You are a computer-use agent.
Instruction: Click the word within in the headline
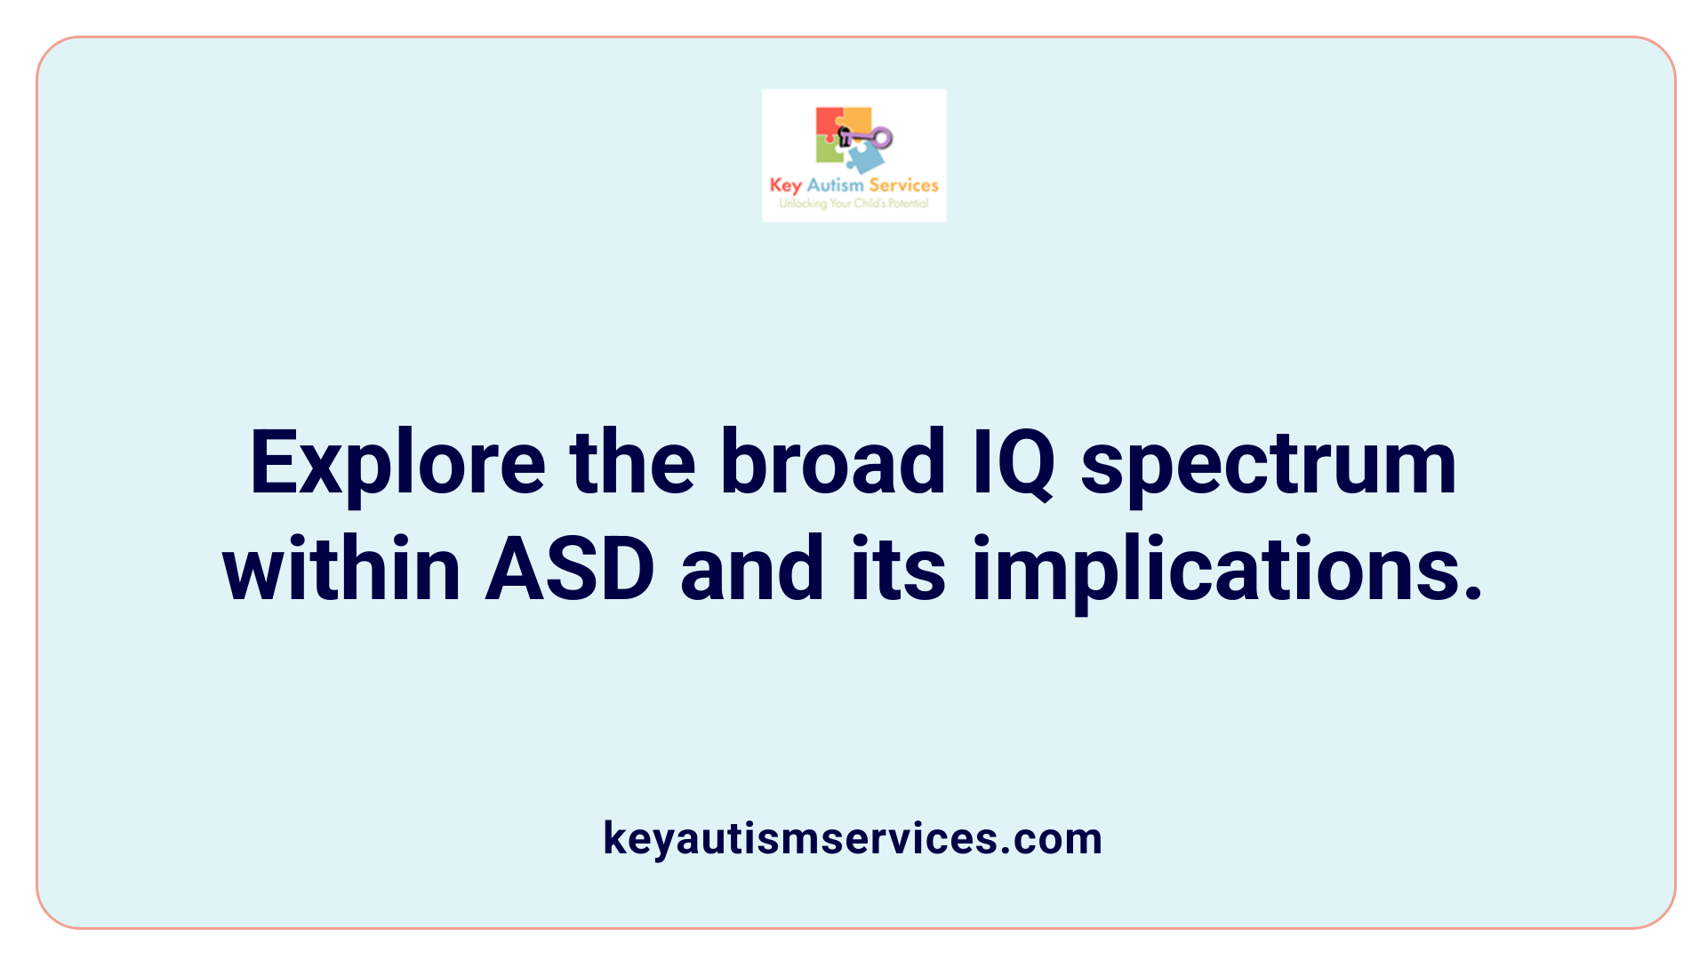[x=341, y=569]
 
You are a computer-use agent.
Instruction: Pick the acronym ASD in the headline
[x=570, y=569]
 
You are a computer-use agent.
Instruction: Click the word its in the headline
[x=898, y=569]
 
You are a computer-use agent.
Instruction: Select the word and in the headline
[x=752, y=569]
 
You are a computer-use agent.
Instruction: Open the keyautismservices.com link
[x=853, y=838]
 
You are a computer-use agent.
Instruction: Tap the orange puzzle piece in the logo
[x=857, y=118]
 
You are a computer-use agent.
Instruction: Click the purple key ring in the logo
[x=881, y=137]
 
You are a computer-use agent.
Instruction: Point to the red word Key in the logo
[x=786, y=185]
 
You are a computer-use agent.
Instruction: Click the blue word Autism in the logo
[x=835, y=185]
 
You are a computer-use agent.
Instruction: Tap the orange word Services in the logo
[x=903, y=185]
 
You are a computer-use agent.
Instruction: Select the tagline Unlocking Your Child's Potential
[x=853, y=204]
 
